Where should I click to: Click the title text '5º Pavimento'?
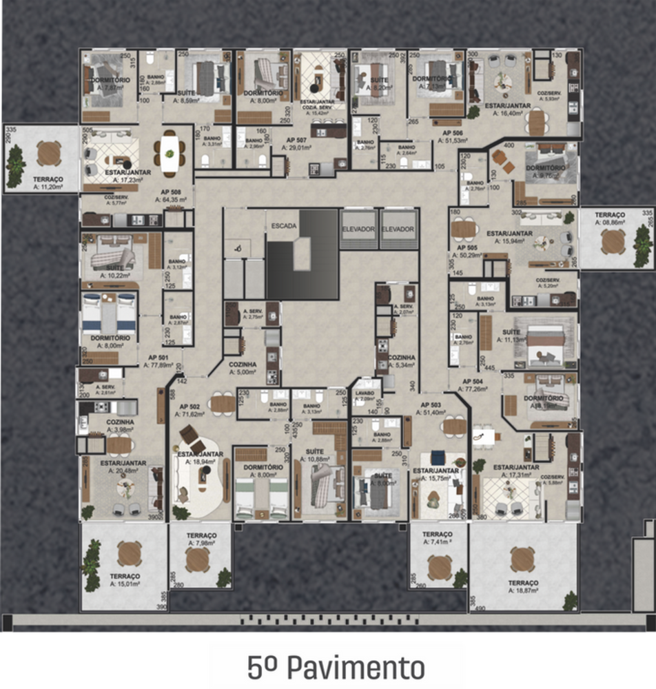click(x=336, y=667)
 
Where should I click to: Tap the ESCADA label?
click(x=285, y=226)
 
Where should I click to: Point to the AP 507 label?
click(x=298, y=138)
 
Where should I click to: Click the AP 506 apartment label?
click(x=453, y=133)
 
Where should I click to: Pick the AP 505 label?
click(x=467, y=247)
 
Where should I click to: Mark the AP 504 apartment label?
click(x=472, y=381)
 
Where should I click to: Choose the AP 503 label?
click(x=431, y=404)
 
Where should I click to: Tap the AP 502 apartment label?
click(x=189, y=407)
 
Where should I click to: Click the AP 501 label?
click(x=158, y=358)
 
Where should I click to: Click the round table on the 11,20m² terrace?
click(x=49, y=153)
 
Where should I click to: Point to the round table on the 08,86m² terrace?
click(x=613, y=241)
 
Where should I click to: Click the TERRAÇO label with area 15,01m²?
click(x=124, y=576)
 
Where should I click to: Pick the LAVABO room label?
click(x=365, y=392)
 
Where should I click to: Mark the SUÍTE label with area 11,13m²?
click(x=511, y=331)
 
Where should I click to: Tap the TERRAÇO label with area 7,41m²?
click(x=437, y=534)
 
